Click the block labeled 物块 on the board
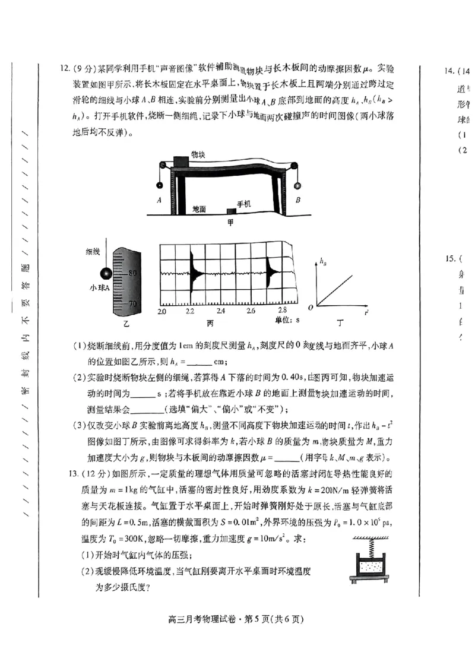[x=181, y=162]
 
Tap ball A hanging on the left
[x=159, y=185]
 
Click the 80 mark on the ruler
[x=132, y=273]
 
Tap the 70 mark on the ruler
[x=132, y=303]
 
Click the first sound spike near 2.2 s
[x=192, y=273]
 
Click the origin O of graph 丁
[x=311, y=307]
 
